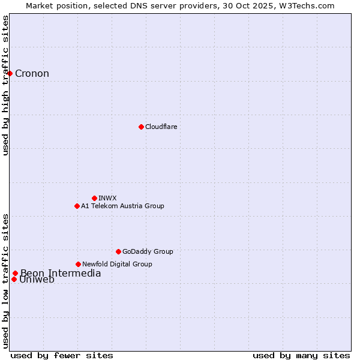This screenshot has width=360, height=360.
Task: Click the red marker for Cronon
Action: (10, 73)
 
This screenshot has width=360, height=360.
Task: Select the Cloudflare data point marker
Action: (141, 127)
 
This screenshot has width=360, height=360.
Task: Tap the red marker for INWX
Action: (94, 198)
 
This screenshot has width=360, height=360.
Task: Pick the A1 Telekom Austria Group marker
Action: (77, 206)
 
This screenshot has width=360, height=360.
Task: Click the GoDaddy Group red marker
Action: (118, 251)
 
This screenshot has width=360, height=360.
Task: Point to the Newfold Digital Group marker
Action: (78, 264)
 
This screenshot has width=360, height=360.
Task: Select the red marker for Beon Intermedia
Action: (15, 274)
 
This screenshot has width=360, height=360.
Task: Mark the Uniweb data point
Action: (14, 279)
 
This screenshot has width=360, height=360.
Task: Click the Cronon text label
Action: (32, 74)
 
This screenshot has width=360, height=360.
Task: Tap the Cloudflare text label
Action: (161, 127)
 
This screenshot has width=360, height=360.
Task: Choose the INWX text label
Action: (107, 198)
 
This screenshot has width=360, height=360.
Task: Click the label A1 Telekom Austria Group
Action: (122, 206)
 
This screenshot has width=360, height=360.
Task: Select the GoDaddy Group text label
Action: (148, 251)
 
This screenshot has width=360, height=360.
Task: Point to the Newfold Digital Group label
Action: (117, 264)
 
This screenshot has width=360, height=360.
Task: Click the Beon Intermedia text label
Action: (61, 274)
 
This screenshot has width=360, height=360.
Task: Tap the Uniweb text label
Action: (37, 280)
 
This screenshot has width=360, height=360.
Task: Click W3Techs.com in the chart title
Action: (308, 5)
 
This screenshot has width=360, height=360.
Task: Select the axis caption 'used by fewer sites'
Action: (62, 355)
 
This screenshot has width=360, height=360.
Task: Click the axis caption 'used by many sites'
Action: (301, 355)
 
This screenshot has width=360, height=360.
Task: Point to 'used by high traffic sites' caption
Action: (5, 85)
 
